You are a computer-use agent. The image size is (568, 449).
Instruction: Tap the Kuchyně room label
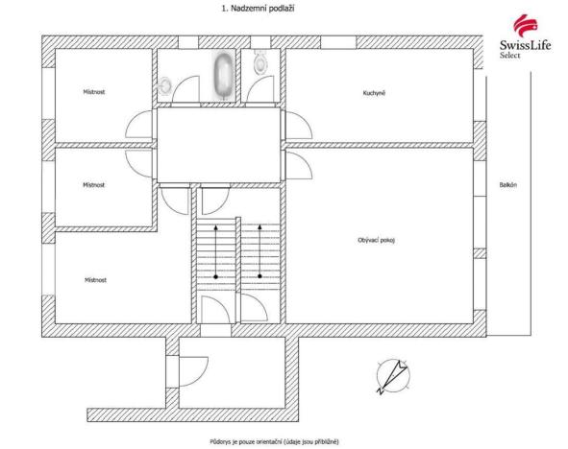pyautogui.click(x=374, y=93)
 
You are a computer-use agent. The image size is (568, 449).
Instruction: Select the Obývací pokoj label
pyautogui.click(x=376, y=240)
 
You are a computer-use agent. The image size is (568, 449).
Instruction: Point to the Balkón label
pyautogui.click(x=508, y=185)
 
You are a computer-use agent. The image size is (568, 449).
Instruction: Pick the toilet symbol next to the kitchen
pyautogui.click(x=260, y=64)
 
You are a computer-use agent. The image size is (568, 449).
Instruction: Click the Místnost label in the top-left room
pyautogui.click(x=94, y=93)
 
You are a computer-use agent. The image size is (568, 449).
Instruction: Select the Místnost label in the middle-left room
pyautogui.click(x=94, y=185)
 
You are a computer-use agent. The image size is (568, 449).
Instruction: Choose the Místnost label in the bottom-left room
pyautogui.click(x=94, y=280)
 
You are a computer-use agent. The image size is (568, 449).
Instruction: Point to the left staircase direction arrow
pyautogui.click(x=216, y=251)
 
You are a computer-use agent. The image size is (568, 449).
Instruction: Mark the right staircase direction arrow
pyautogui.click(x=259, y=251)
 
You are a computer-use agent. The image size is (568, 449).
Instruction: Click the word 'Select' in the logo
pyautogui.click(x=510, y=56)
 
